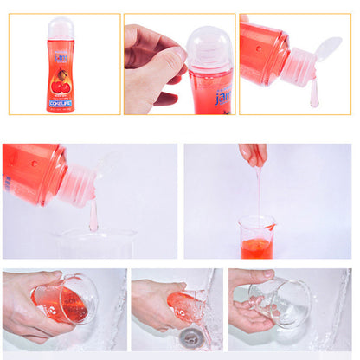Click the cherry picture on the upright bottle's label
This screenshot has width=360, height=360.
point(61,86)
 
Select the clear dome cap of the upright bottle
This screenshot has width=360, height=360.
point(61,29)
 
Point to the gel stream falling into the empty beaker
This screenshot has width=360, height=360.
point(93,215)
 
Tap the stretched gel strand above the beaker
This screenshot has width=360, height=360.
point(258,195)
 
